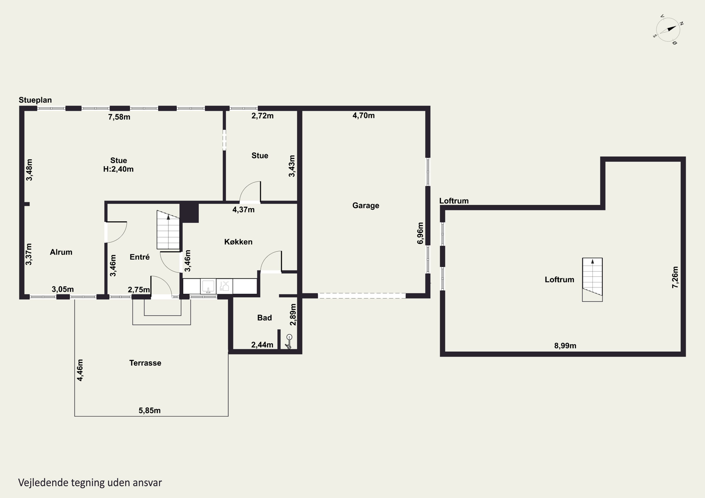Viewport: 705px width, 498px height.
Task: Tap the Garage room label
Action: pyautogui.click(x=366, y=206)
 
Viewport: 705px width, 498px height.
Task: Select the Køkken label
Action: pyautogui.click(x=238, y=242)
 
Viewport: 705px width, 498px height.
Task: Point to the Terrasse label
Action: pyautogui.click(x=145, y=363)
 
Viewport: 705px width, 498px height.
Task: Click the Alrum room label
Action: pyautogui.click(x=61, y=252)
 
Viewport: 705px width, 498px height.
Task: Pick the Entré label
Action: pyautogui.click(x=140, y=257)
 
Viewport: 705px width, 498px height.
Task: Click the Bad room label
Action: pyautogui.click(x=264, y=318)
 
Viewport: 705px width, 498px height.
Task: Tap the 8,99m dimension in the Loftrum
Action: pyautogui.click(x=565, y=346)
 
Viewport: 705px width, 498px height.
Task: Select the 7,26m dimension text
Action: pyautogui.click(x=675, y=277)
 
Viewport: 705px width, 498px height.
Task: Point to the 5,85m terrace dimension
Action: pyautogui.click(x=149, y=411)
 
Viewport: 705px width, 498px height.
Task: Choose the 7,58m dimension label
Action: pyautogui.click(x=119, y=117)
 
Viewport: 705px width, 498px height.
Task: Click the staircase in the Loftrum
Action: pyautogui.click(x=592, y=280)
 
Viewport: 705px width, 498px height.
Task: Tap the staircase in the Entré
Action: pyautogui.click(x=168, y=230)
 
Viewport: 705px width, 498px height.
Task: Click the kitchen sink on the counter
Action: pyautogui.click(x=208, y=286)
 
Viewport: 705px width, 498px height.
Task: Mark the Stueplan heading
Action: pyautogui.click(x=35, y=100)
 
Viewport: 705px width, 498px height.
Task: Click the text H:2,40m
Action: pyautogui.click(x=118, y=169)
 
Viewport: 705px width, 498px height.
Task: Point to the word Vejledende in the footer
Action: pyautogui.click(x=43, y=483)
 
